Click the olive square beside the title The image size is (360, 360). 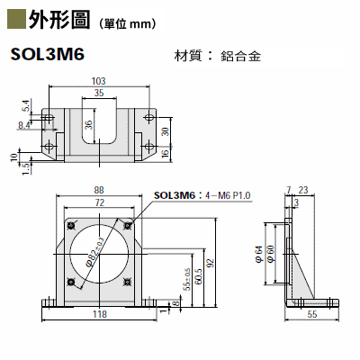(x=16, y=20)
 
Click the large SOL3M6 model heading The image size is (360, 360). (x=48, y=55)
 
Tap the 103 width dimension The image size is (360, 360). (x=99, y=81)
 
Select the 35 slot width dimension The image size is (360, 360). (x=99, y=93)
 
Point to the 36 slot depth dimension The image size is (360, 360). (x=88, y=124)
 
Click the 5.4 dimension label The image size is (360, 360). (x=26, y=106)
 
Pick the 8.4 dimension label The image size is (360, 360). (x=24, y=125)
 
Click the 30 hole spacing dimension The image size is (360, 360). (x=166, y=131)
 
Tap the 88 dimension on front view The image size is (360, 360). (x=99, y=190)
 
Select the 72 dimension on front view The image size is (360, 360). (x=99, y=202)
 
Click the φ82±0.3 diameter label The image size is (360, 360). (x=94, y=252)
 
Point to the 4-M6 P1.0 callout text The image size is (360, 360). (x=228, y=195)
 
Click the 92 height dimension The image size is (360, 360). (x=211, y=263)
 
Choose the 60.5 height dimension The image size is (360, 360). (x=198, y=276)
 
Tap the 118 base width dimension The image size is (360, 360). (x=100, y=314)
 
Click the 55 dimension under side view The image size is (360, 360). (x=312, y=314)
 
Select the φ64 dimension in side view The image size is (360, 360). (x=259, y=255)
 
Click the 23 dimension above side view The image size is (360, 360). (x=303, y=190)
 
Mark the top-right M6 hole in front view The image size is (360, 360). (x=128, y=225)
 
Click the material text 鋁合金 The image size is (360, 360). (x=241, y=56)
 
